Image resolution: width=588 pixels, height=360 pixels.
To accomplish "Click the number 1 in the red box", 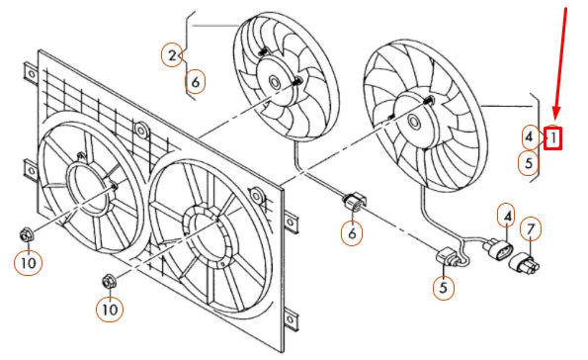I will [x=553, y=137].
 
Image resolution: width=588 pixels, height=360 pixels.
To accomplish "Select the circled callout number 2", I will [x=173, y=55].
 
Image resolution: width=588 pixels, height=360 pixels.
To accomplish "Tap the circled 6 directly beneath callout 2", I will [x=197, y=82].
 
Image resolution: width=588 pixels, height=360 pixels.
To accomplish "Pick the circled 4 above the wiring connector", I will [x=507, y=215].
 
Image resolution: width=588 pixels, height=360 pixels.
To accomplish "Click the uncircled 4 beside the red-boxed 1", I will [x=530, y=136].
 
